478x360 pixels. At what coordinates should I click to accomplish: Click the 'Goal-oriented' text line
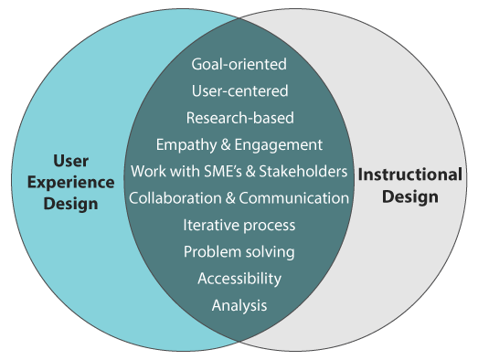pos(239,65)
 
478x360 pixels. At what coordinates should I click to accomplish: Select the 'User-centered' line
pos(239,91)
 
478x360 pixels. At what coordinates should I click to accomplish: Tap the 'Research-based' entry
pos(239,118)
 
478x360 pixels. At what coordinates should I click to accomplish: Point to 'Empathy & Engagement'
pos(239,144)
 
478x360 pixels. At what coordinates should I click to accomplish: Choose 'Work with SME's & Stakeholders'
pos(239,171)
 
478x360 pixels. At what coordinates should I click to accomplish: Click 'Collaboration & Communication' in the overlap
pos(239,197)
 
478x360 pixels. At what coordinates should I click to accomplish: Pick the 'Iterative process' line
pos(239,225)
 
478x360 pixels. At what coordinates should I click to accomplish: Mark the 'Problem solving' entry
pos(239,251)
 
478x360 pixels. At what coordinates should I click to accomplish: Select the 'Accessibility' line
pos(239,278)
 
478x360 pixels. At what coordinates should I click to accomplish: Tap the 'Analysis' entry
pos(239,305)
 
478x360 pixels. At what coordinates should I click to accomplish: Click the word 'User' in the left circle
pos(70,160)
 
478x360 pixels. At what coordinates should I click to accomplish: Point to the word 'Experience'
pos(70,182)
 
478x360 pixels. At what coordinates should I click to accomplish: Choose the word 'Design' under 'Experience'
pos(70,204)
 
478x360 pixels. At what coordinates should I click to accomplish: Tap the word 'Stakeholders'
pos(305,171)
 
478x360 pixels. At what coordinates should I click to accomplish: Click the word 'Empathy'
pos(185,144)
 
